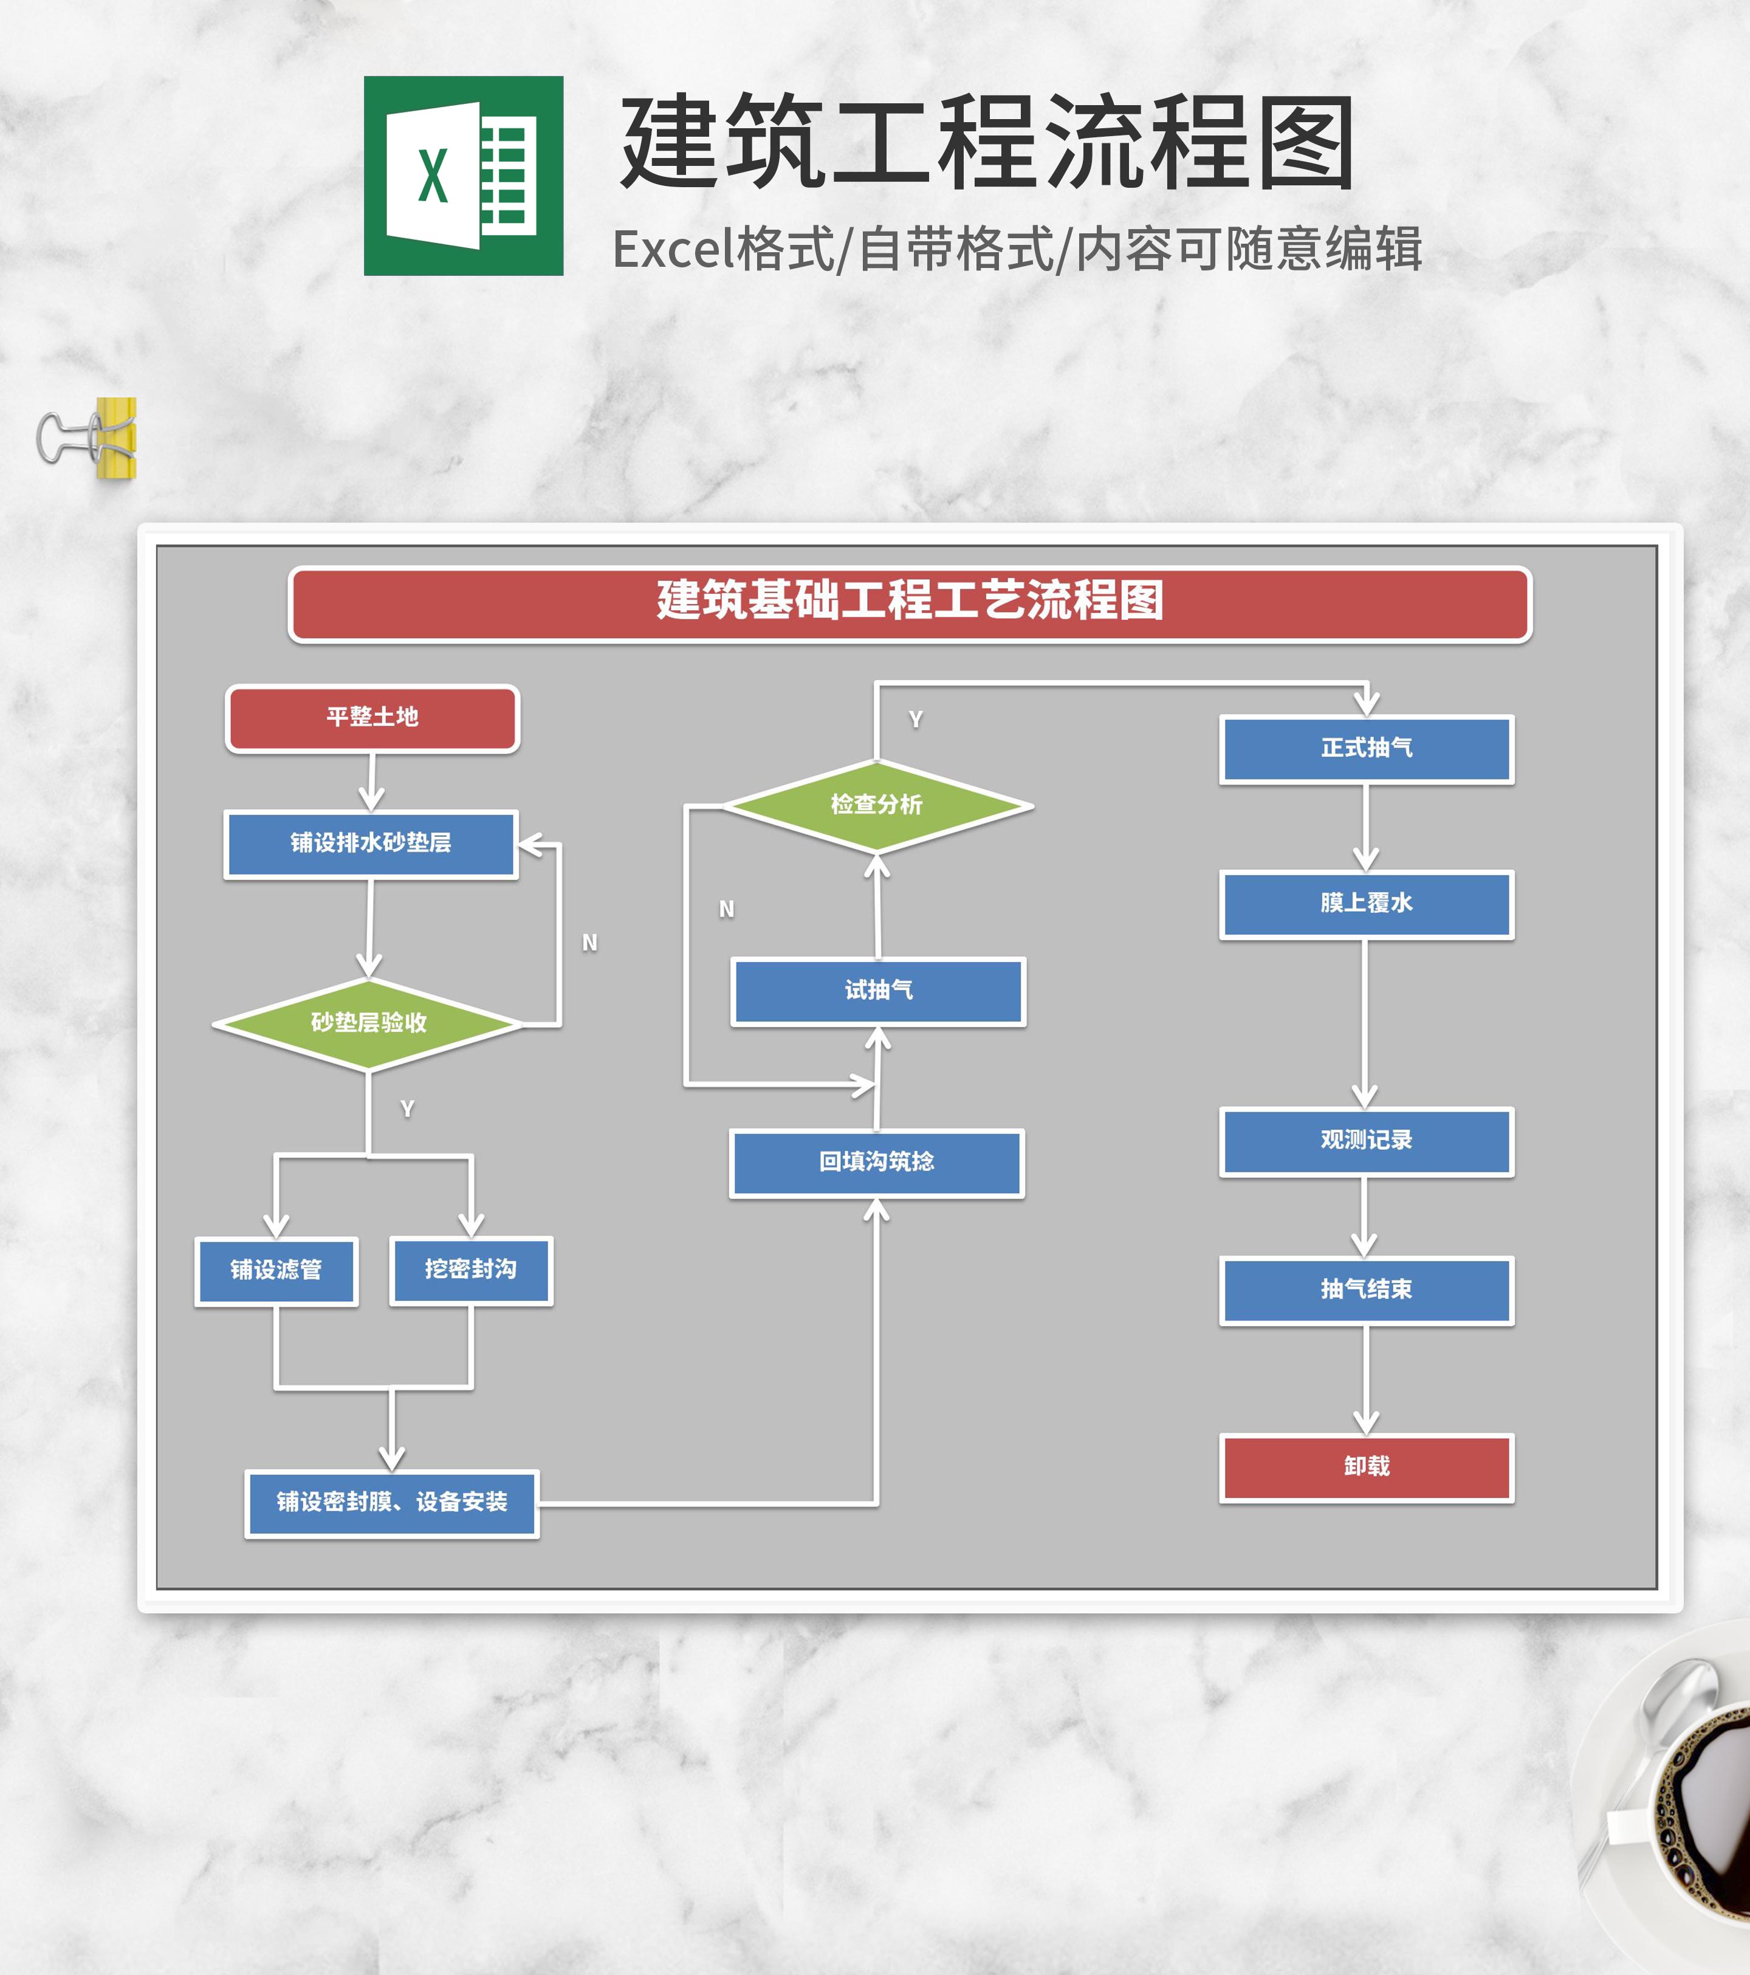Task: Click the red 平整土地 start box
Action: [372, 718]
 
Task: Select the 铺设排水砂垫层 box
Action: [371, 843]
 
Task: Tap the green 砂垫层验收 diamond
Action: [368, 1023]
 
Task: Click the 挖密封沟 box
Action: [470, 1269]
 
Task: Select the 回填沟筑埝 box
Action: [876, 1163]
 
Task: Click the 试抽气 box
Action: [877, 991]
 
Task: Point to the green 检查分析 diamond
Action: [876, 805]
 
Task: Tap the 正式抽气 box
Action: [1367, 749]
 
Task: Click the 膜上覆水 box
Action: [1367, 904]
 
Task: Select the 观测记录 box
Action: [1367, 1141]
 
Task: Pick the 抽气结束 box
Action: [1367, 1290]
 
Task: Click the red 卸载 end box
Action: [1367, 1467]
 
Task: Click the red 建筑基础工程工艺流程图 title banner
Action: [909, 603]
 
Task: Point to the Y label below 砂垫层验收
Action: [407, 1109]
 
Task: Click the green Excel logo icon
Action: [463, 176]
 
